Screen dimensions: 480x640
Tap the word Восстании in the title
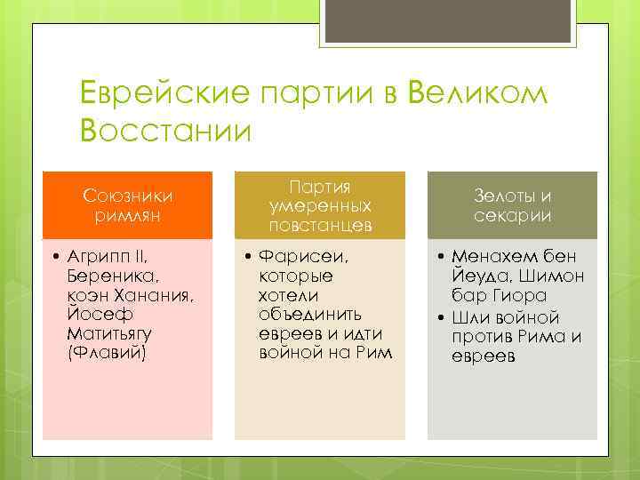[x=165, y=130]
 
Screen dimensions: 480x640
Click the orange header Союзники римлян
[x=128, y=205]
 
